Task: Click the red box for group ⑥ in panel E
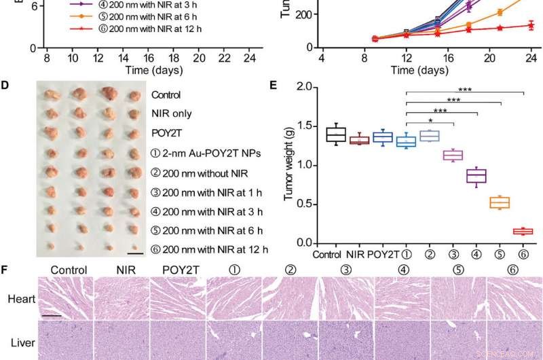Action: (x=523, y=231)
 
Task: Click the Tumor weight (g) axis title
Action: (x=288, y=165)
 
